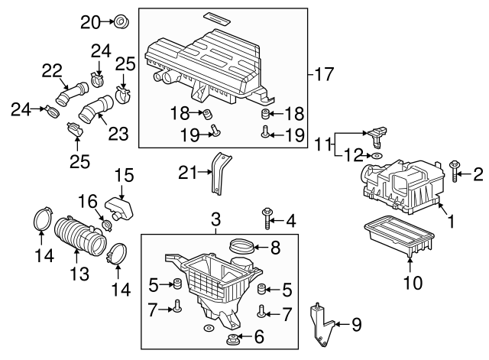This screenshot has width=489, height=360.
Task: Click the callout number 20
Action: (x=91, y=21)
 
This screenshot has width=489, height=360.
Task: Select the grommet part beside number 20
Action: (x=120, y=21)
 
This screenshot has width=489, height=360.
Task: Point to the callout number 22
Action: (x=52, y=70)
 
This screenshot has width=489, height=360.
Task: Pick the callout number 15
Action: (x=124, y=175)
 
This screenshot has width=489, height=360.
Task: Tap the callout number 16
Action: (x=89, y=201)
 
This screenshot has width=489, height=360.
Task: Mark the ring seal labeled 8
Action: (x=242, y=247)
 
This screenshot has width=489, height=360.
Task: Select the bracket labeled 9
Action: (x=321, y=324)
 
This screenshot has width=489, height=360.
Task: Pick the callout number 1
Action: (x=451, y=222)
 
